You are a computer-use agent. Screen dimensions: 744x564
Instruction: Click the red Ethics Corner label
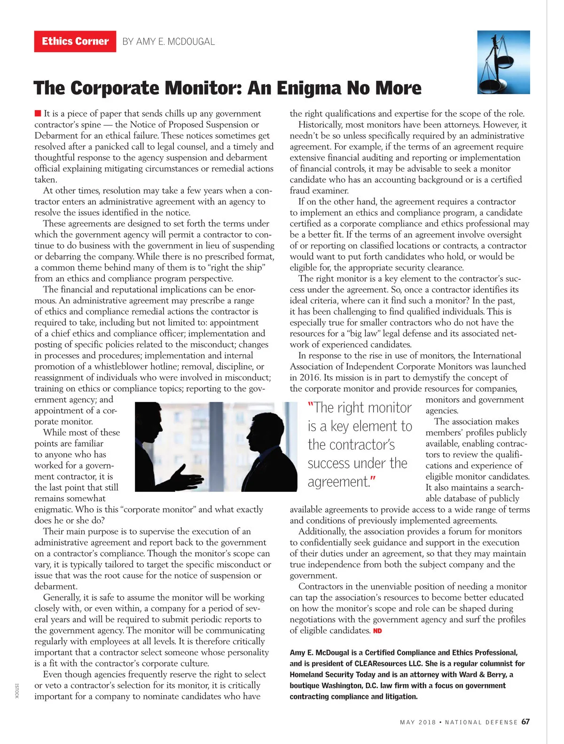(x=75, y=41)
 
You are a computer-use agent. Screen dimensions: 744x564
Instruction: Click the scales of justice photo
(x=503, y=62)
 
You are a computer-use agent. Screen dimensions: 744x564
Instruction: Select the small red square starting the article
(x=38, y=113)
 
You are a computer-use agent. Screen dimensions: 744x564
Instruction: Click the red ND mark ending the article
(x=377, y=631)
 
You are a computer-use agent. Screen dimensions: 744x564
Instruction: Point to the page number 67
(x=525, y=722)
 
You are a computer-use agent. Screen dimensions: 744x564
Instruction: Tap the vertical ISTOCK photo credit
(x=16, y=690)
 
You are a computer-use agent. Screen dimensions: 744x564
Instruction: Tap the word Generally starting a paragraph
(x=62, y=598)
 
